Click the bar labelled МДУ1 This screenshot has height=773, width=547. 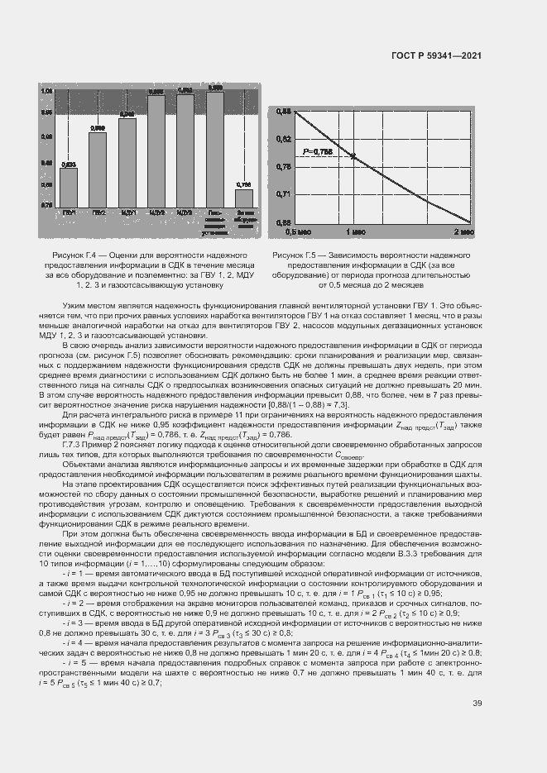pyautogui.click(x=127, y=161)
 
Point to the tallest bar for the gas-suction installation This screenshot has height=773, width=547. pyautogui.click(x=215, y=148)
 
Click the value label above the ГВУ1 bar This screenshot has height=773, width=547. pyautogui.click(x=69, y=164)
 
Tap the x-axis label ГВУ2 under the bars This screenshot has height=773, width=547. pyautogui.click(x=98, y=212)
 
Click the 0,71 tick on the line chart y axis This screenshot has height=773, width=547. pyautogui.click(x=282, y=193)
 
